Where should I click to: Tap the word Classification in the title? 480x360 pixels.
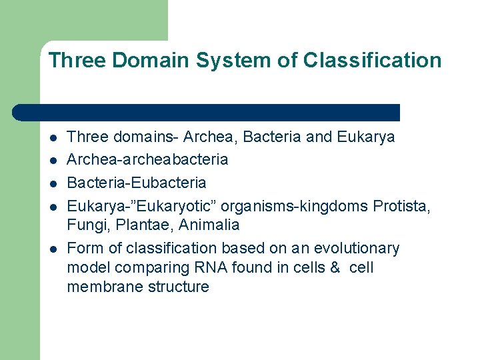[372, 61]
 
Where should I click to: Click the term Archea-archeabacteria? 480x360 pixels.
[147, 160]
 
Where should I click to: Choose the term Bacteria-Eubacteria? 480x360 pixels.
[137, 183]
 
